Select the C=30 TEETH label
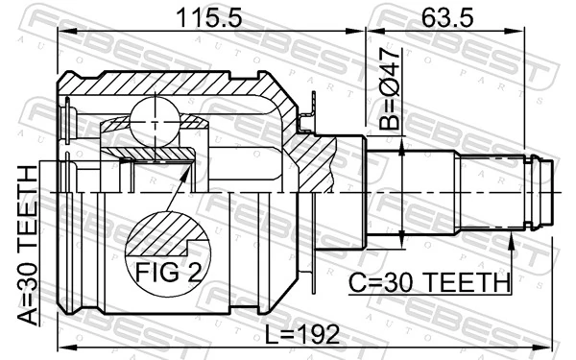pos(428,282)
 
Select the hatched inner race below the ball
pos(154,152)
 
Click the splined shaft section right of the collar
pos(432,192)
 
